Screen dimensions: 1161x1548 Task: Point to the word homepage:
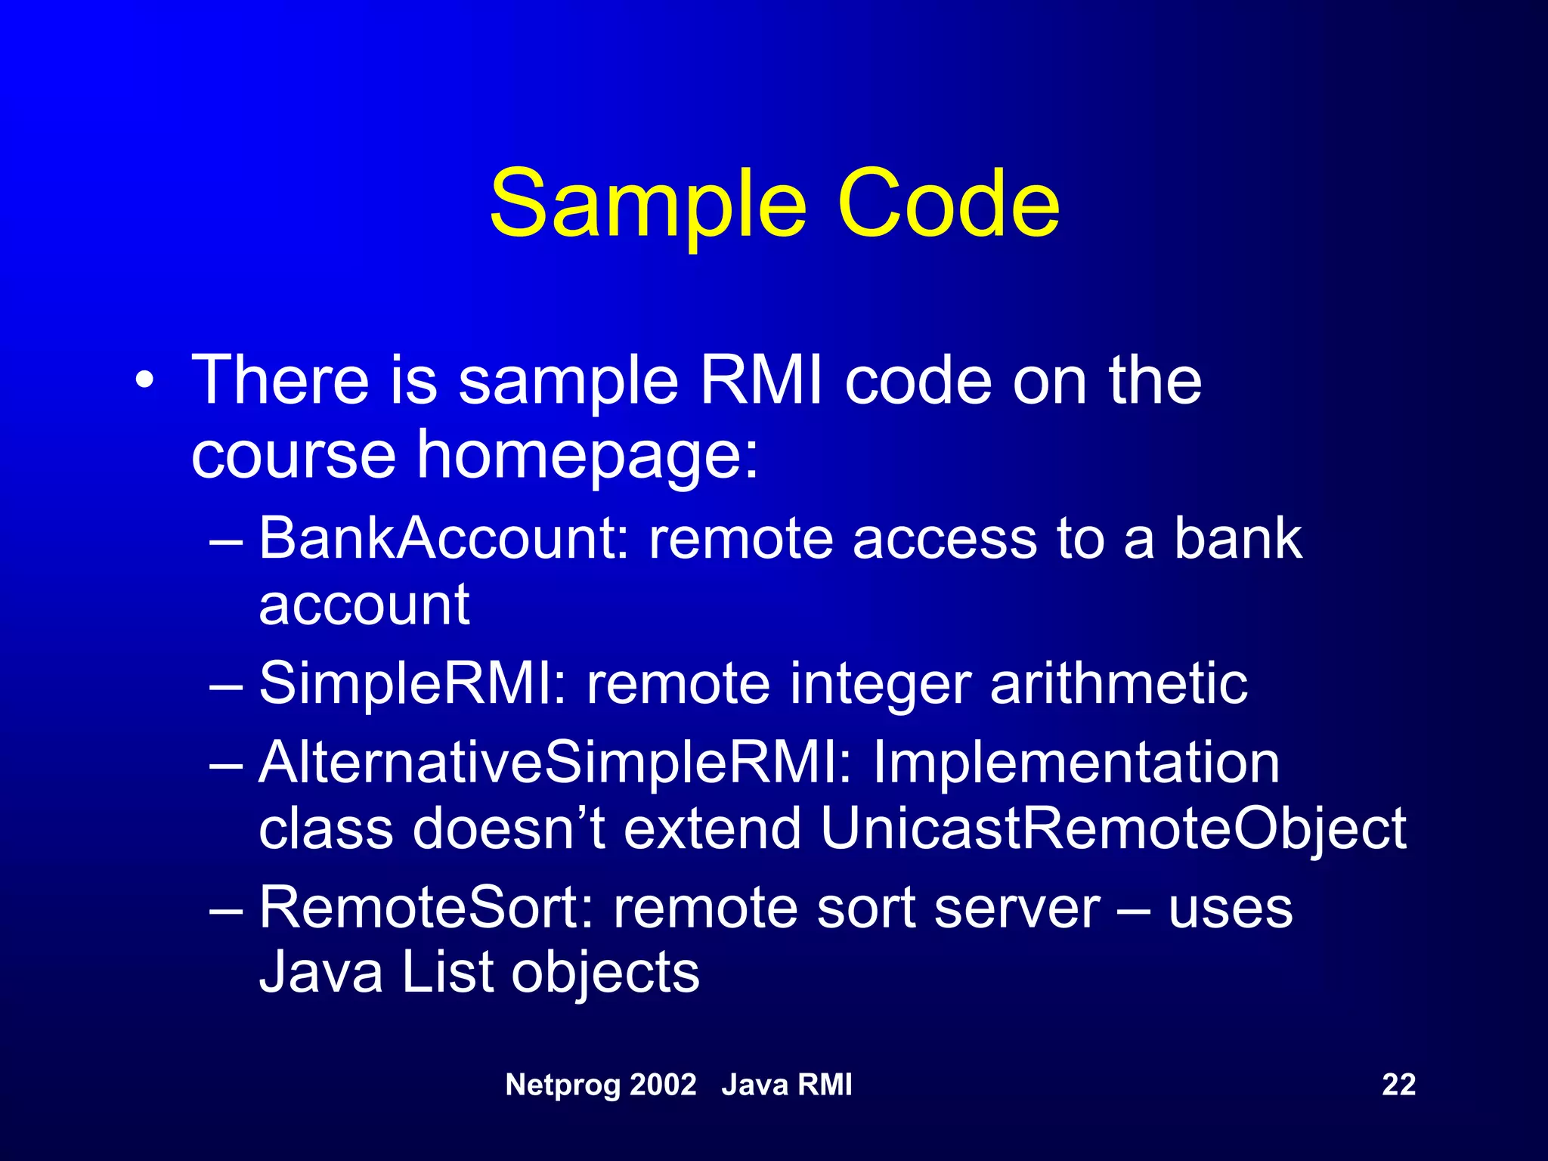coord(587,455)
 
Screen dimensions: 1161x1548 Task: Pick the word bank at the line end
coord(1238,538)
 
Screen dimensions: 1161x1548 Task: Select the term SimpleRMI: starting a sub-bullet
coord(413,683)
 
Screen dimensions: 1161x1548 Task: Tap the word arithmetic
coord(1119,683)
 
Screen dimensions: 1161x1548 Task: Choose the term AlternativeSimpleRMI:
coord(556,762)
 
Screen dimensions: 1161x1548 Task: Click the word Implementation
coord(1076,762)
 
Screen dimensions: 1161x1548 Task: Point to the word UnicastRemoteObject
coord(1113,828)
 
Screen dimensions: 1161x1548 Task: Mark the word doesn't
coord(509,828)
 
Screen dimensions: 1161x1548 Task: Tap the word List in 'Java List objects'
coord(447,972)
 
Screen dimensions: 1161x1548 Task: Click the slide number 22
coord(1398,1085)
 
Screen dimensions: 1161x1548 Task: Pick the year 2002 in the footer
coord(663,1085)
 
